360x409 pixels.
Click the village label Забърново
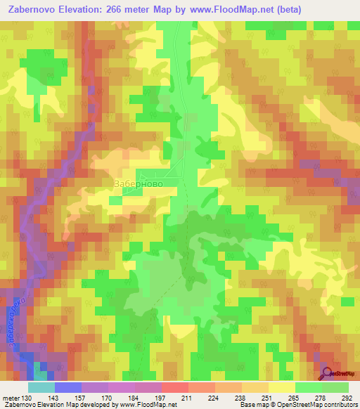pyautogui.click(x=139, y=182)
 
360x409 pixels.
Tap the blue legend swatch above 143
pyautogui.click(x=67, y=387)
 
